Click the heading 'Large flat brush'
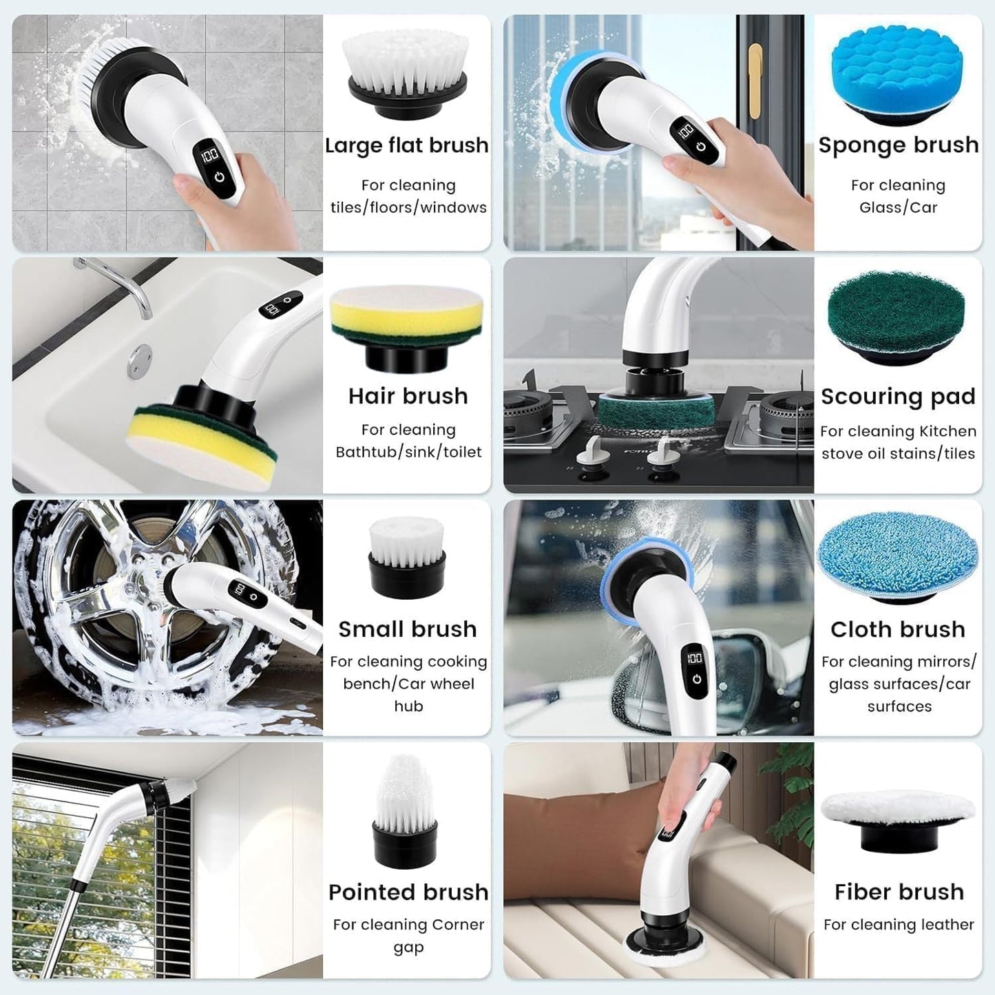pyautogui.click(x=406, y=145)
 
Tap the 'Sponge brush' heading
pyautogui.click(x=898, y=145)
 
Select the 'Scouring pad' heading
pyautogui.click(x=898, y=397)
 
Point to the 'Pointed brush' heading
pyautogui.click(x=408, y=892)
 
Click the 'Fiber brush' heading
pyautogui.click(x=899, y=892)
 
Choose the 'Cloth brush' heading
pyautogui.click(x=898, y=629)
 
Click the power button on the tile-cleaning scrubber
pyautogui.click(x=219, y=176)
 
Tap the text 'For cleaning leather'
pyautogui.click(x=899, y=925)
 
